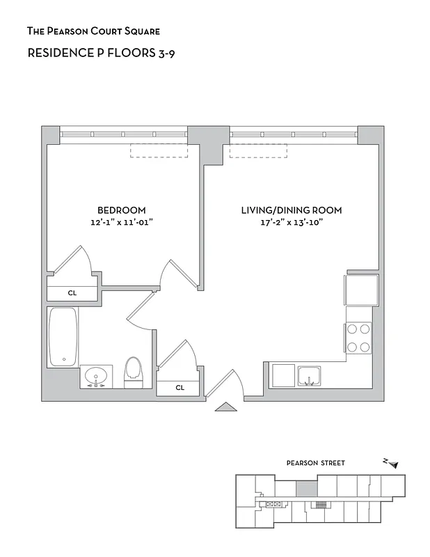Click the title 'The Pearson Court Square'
coord(93,31)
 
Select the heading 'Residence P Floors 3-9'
coord(100,53)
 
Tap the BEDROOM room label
coord(121,210)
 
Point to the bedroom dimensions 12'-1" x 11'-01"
coord(121,222)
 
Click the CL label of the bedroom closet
coord(72,293)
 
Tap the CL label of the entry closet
coord(180,387)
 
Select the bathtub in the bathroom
coord(63,338)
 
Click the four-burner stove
coord(358,338)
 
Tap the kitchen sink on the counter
coord(310,376)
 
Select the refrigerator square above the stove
coord(361,290)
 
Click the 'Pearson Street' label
coord(315,463)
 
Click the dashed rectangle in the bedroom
coord(159,151)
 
